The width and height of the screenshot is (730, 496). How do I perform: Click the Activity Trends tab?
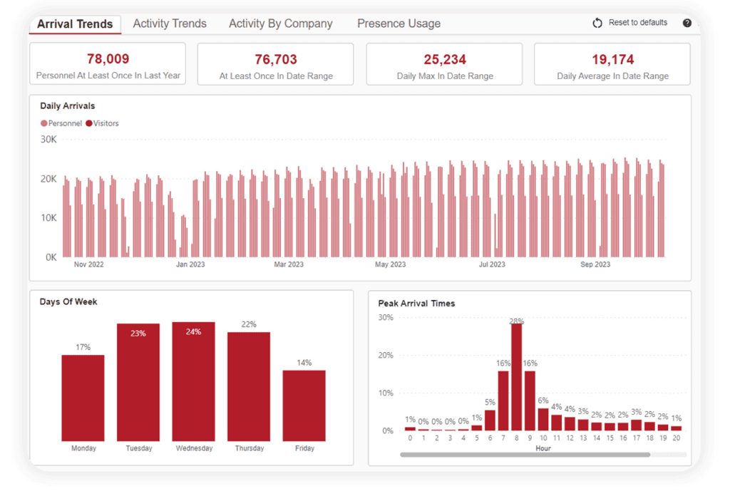[x=170, y=24]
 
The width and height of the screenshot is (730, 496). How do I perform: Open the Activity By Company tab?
[x=280, y=24]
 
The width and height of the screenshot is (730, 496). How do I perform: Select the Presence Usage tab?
[x=399, y=24]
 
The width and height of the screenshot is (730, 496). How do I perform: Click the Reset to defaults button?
[x=630, y=23]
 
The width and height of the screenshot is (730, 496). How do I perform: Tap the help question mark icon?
[x=687, y=23]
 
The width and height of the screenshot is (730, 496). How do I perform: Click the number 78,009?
[x=108, y=59]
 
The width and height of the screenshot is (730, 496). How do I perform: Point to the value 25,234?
[x=444, y=59]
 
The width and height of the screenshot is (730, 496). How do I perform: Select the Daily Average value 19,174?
[x=612, y=59]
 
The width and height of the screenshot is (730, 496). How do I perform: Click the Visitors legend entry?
[x=102, y=123]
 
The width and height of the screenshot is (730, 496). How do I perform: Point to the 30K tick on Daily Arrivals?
[x=48, y=140]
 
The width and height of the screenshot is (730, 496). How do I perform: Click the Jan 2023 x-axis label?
[x=190, y=264]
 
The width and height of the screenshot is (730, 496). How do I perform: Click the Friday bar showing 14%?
[x=304, y=405]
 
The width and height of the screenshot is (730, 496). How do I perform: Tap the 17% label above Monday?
[x=83, y=348]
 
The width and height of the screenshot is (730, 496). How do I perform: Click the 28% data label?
[x=517, y=321]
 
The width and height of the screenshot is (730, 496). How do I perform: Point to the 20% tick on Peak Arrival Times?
[x=386, y=355]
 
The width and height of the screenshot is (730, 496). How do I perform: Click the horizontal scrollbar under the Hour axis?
[x=525, y=454]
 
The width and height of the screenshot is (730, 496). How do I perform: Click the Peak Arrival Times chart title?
[x=416, y=303]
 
